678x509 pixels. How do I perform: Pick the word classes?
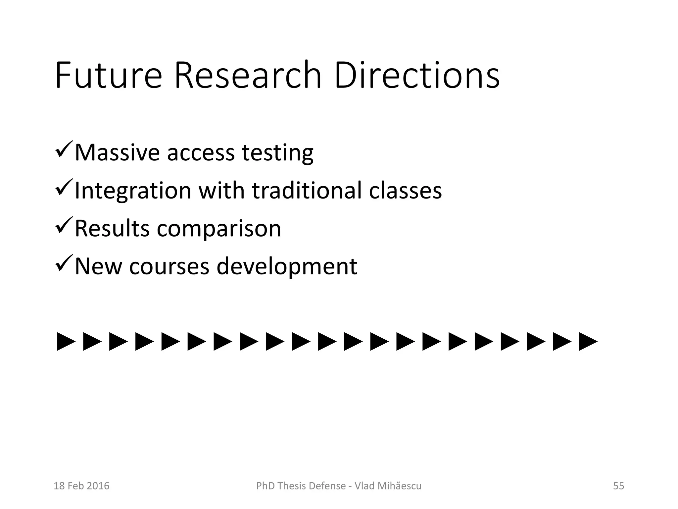click(x=405, y=191)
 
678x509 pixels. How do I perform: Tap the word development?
click(x=287, y=267)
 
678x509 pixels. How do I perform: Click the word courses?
click(x=169, y=267)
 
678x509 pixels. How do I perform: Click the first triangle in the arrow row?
click(x=66, y=342)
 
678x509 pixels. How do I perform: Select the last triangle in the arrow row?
click(x=588, y=342)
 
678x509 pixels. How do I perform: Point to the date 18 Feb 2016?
click(x=81, y=486)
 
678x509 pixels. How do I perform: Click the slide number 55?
click(x=618, y=486)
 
